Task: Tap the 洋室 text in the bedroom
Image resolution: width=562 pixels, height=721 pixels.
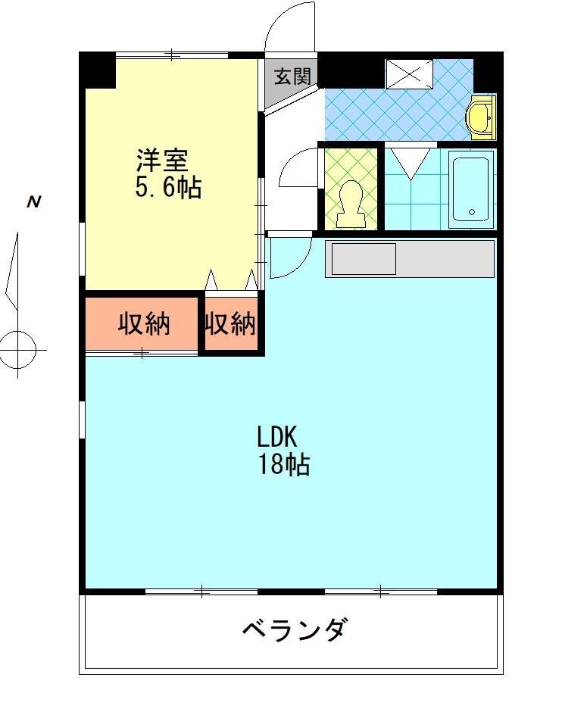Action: pyautogui.click(x=161, y=161)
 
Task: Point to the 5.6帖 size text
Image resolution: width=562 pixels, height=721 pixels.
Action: pyautogui.click(x=168, y=187)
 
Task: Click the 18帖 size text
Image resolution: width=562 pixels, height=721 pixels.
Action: pyautogui.click(x=284, y=464)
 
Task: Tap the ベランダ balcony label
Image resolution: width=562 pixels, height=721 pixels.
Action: pyautogui.click(x=295, y=629)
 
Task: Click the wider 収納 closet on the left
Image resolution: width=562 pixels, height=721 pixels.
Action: pyautogui.click(x=143, y=324)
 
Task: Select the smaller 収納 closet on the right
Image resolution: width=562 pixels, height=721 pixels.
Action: pyautogui.click(x=230, y=324)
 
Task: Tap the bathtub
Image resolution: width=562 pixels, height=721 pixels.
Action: pyautogui.click(x=471, y=189)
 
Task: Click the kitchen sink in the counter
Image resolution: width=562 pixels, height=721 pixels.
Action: pyautogui.click(x=364, y=259)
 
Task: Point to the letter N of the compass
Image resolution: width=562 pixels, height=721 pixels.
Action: pyautogui.click(x=33, y=202)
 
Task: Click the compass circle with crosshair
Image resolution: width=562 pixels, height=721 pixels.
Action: pyautogui.click(x=18, y=350)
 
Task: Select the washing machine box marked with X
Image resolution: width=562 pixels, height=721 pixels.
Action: pyautogui.click(x=408, y=74)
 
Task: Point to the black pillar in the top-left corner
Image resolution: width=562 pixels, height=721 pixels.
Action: pyautogui.click(x=98, y=70)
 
